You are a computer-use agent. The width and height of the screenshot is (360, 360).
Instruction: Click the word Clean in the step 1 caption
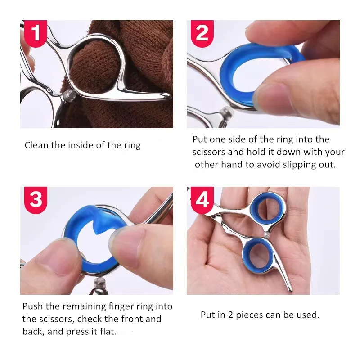36,145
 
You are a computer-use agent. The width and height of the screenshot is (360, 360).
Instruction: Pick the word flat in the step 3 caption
108,332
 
